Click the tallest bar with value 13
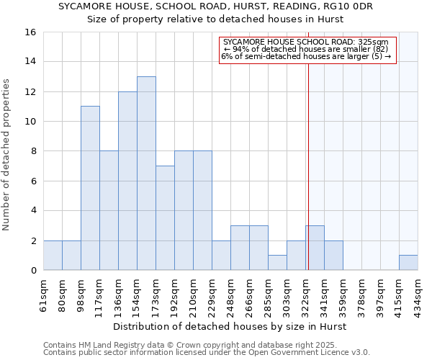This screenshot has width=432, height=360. (146, 173)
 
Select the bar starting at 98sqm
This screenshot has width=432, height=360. (90, 188)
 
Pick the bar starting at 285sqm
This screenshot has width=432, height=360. (277, 263)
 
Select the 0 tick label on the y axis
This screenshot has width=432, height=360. (33, 271)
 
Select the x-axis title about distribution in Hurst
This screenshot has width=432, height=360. (230, 326)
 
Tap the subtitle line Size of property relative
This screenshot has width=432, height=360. (215, 19)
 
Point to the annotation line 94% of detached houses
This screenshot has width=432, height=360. (306, 49)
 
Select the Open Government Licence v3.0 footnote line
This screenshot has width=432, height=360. (207, 353)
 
